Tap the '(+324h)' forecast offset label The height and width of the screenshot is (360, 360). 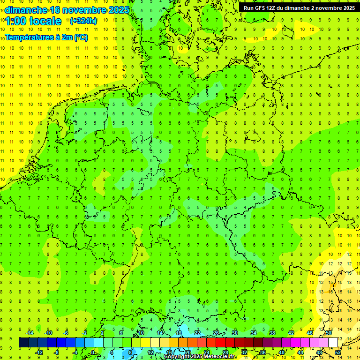83,21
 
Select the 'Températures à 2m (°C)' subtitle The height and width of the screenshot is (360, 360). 46,37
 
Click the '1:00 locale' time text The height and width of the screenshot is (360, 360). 34,21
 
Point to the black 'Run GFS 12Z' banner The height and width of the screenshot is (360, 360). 299,8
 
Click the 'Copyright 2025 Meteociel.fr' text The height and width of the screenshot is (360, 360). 201,357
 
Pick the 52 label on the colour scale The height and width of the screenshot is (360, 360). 338,352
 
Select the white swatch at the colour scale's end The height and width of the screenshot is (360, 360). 333,343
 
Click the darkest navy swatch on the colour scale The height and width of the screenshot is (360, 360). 23,343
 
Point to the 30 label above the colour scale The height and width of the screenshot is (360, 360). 235,333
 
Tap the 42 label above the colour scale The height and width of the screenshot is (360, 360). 291,333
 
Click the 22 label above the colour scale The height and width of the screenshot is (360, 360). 197,333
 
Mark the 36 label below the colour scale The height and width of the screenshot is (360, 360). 263,352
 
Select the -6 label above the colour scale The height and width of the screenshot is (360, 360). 66,333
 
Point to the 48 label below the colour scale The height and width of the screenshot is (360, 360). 319,352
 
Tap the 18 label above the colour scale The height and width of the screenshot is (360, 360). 179,333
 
